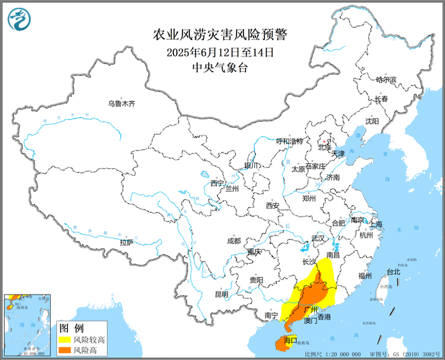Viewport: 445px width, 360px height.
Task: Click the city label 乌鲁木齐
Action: [x=121, y=103]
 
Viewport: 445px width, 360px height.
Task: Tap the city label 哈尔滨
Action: [x=386, y=80]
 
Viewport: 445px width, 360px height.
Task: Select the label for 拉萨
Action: [x=127, y=242]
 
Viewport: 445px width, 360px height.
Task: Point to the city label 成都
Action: [x=234, y=241]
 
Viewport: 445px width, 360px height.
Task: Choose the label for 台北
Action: [x=394, y=272]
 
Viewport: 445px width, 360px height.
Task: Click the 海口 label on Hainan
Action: [x=291, y=341]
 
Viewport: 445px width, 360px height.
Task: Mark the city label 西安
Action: [x=273, y=205]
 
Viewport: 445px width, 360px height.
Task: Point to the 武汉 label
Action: [x=317, y=238]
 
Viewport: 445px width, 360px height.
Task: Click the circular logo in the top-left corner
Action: [x=20, y=19]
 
